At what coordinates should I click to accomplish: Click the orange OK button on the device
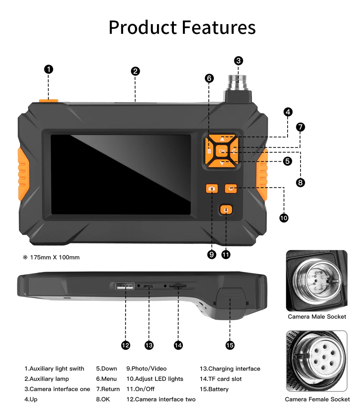pyautogui.click(x=222, y=151)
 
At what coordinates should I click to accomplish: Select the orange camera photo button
pyautogui.click(x=212, y=189)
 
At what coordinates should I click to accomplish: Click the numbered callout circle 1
pyautogui.click(x=49, y=69)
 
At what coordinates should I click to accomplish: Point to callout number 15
pyautogui.click(x=230, y=345)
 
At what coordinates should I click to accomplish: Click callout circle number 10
pyautogui.click(x=284, y=218)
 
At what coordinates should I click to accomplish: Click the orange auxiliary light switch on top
pyautogui.click(x=49, y=100)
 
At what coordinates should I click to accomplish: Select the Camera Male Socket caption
pyautogui.click(x=317, y=317)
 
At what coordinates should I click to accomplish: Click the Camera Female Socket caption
pyautogui.click(x=317, y=399)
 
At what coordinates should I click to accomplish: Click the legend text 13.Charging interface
pyautogui.click(x=230, y=369)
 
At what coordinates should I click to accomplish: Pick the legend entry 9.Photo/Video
pyautogui.click(x=146, y=369)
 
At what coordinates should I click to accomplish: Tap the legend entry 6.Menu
pyautogui.click(x=106, y=379)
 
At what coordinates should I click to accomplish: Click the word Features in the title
pyautogui.click(x=219, y=27)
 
